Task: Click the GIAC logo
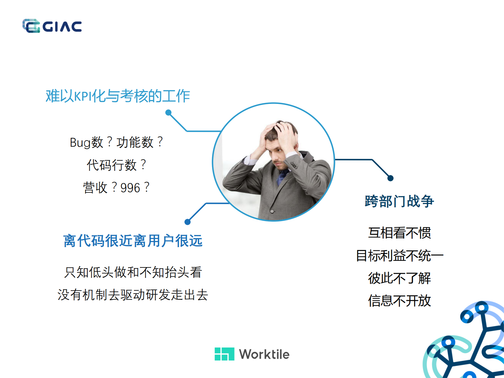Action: pyautogui.click(x=52, y=26)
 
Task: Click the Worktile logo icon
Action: pyautogui.click(x=224, y=354)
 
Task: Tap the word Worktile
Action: pyautogui.click(x=264, y=354)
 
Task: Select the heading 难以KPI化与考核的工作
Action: pyautogui.click(x=118, y=96)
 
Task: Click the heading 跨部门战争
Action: pyautogui.click(x=399, y=201)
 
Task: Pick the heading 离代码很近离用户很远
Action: pyautogui.click(x=133, y=241)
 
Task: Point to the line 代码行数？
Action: pyautogui.click(x=116, y=165)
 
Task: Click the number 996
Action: pyautogui.click(x=130, y=188)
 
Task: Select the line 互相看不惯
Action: pyautogui.click(x=399, y=233)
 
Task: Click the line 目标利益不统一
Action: pyautogui.click(x=399, y=256)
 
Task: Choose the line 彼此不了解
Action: pyautogui.click(x=399, y=278)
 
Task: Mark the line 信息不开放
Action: pyautogui.click(x=399, y=301)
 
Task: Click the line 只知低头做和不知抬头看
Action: pyautogui.click(x=133, y=272)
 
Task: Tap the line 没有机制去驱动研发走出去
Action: pyautogui.click(x=133, y=295)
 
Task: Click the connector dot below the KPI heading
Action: pyautogui.click(x=169, y=112)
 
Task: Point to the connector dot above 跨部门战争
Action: pyautogui.click(x=391, y=178)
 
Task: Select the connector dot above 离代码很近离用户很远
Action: pyautogui.click(x=188, y=222)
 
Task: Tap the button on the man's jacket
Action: pyautogui.click(x=272, y=211)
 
